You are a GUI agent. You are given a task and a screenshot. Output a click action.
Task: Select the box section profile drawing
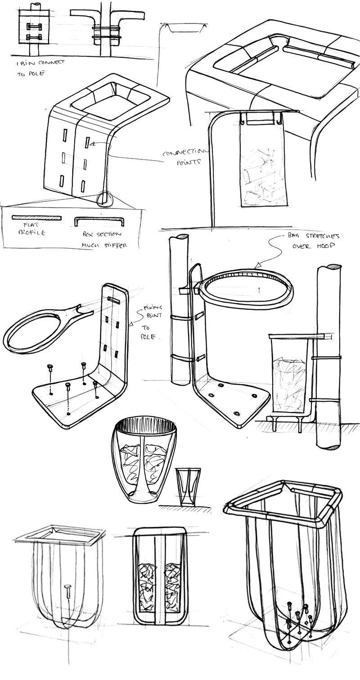(99, 221)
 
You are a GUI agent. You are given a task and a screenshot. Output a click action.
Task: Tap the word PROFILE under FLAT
(32, 233)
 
